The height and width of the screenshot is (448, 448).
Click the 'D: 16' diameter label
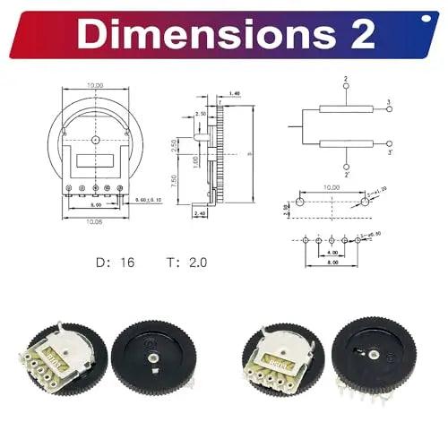[116, 263]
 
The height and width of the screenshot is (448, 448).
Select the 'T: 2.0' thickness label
[185, 263]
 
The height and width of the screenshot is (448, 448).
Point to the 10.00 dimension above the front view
[95, 87]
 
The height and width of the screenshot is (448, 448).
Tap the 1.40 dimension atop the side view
[235, 93]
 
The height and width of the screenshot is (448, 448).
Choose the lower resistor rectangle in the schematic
[346, 143]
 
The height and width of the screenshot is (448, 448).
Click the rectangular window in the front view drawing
[94, 162]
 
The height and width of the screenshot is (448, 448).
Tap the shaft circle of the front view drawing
[95, 142]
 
